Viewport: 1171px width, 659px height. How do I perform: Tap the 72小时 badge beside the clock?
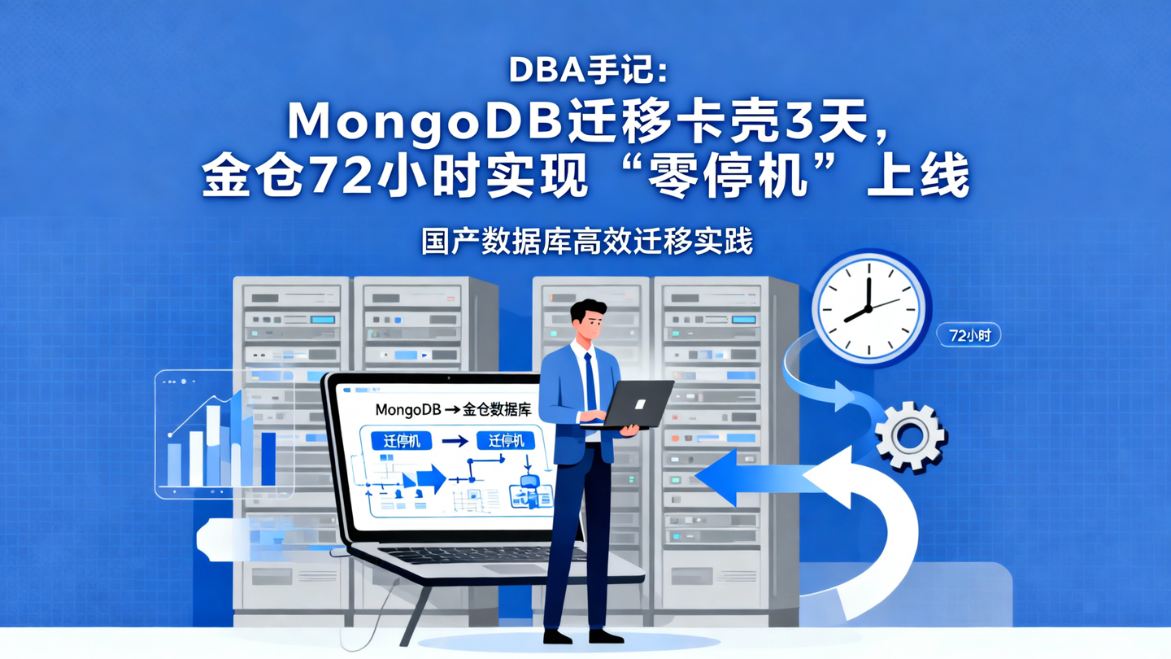click(x=969, y=334)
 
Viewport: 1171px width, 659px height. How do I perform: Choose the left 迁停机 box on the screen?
click(x=401, y=441)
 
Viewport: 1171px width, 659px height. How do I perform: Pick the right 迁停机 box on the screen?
click(x=507, y=441)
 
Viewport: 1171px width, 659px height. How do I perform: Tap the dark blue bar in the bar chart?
click(x=268, y=459)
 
